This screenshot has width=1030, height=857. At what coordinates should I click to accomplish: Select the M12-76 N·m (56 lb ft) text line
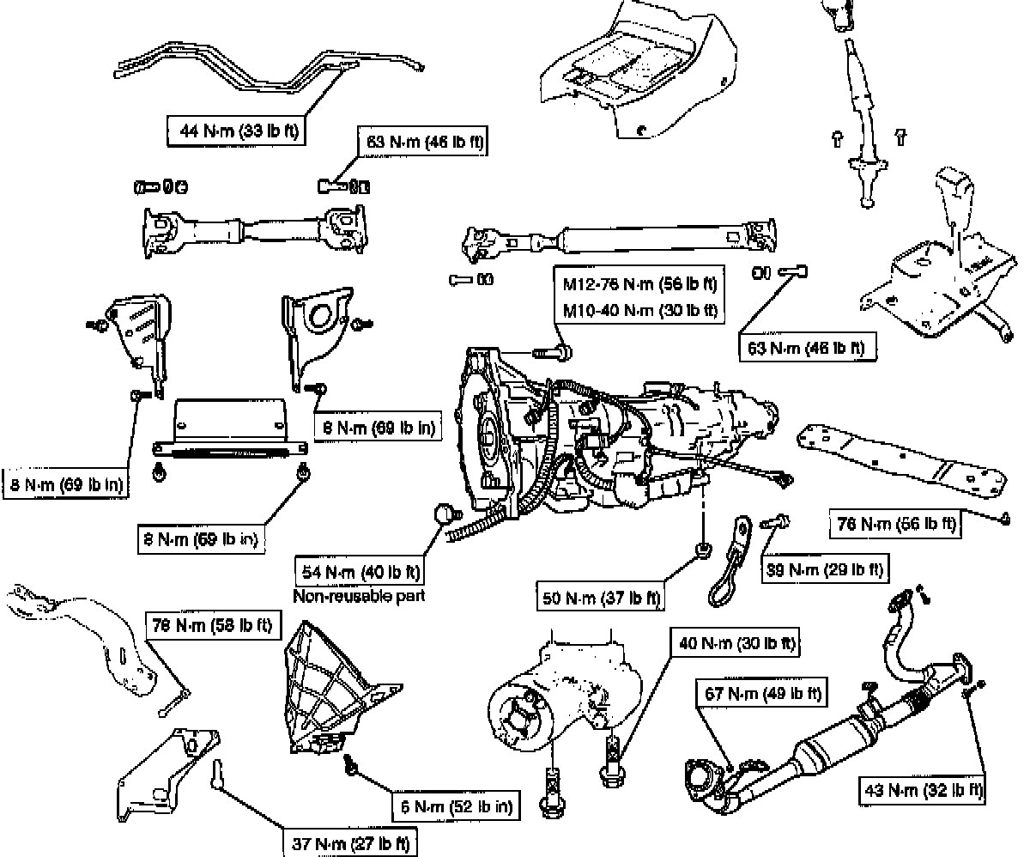coord(639,284)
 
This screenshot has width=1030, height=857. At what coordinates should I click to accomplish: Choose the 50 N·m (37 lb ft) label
coord(600,597)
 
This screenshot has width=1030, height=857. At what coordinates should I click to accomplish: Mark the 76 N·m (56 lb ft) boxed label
coord(894,523)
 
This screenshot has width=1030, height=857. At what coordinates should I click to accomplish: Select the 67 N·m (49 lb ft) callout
coord(761,693)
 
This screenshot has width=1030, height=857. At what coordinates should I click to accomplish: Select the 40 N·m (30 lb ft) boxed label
coord(736,642)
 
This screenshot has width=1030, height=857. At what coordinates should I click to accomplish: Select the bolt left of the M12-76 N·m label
coord(549,350)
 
